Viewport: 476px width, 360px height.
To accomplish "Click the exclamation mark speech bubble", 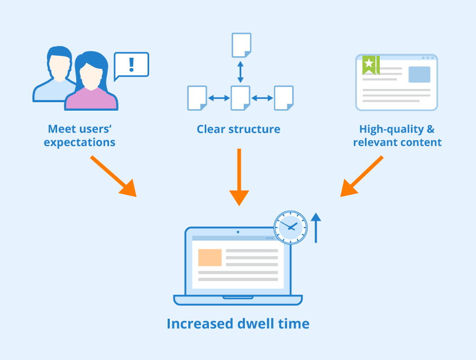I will pyautogui.click(x=132, y=65).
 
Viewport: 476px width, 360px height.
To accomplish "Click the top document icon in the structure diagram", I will pyautogui.click(x=241, y=45).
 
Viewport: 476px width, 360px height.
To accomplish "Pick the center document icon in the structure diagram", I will pyautogui.click(x=241, y=98).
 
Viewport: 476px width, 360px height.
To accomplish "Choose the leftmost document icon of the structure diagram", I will pyautogui.click(x=197, y=98).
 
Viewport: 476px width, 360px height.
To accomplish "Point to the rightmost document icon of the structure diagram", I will pyautogui.click(x=283, y=98).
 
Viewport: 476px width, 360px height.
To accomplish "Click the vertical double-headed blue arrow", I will pyautogui.click(x=241, y=71).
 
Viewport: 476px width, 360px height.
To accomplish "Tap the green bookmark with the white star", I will pyautogui.click(x=370, y=65).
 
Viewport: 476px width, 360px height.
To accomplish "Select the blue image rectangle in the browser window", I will pyautogui.click(x=419, y=75).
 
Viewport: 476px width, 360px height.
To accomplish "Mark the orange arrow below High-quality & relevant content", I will pyautogui.click(x=362, y=176).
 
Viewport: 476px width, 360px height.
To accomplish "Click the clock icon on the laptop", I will pyautogui.click(x=290, y=228).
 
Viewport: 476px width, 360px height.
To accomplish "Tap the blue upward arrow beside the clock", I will pyautogui.click(x=316, y=228).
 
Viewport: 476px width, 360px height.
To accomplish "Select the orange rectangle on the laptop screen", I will pyautogui.click(x=210, y=257).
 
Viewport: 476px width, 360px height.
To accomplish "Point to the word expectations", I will pyautogui.click(x=79, y=142).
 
